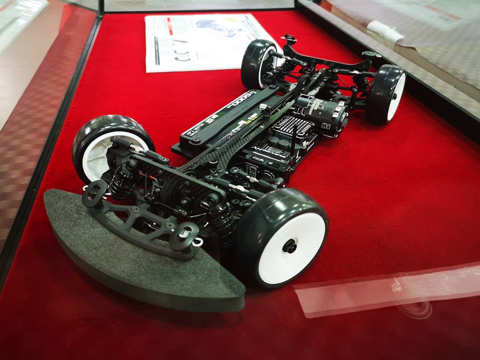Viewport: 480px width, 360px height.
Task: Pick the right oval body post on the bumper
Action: coord(186,231)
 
